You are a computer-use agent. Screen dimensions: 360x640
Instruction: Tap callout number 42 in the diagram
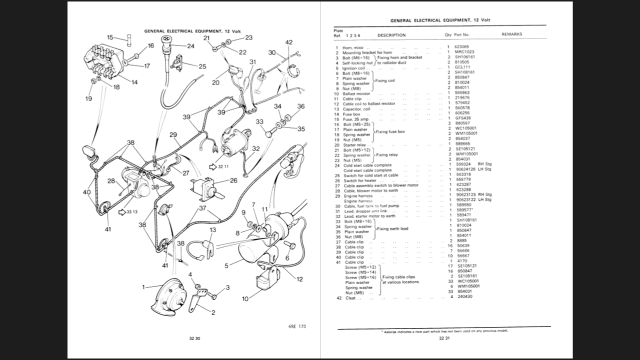tap(289, 42)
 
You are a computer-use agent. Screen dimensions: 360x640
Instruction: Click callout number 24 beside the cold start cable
tap(190, 46)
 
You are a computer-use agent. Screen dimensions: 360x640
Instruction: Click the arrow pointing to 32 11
tap(212, 166)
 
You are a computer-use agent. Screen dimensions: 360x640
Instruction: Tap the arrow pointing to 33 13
tap(121, 212)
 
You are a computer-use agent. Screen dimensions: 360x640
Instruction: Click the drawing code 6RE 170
tap(297, 326)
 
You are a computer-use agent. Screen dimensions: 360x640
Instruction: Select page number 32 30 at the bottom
tap(194, 338)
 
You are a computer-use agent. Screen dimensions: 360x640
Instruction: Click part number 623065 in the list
tap(461, 47)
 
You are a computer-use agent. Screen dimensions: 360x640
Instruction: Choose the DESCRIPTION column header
tap(391, 35)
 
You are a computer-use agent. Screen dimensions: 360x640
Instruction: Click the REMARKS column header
tap(511, 34)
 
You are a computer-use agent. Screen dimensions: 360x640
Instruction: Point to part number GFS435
tap(462, 118)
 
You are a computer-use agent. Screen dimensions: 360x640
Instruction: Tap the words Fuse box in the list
tap(351, 114)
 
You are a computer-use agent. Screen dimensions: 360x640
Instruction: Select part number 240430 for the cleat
tap(463, 296)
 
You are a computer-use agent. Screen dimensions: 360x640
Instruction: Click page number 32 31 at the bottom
tap(444, 338)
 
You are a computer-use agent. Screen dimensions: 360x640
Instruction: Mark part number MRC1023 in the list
tap(464, 52)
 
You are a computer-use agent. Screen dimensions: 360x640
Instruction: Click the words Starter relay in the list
tap(354, 145)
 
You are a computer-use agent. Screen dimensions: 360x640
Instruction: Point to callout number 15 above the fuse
tap(110, 37)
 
